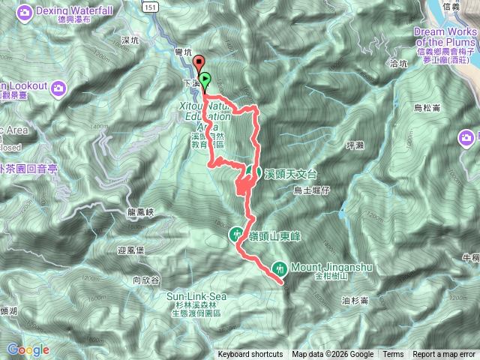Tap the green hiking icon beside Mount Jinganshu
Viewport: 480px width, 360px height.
click(x=280, y=266)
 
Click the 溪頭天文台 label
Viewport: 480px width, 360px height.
click(x=292, y=173)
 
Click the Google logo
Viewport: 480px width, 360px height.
click(x=28, y=349)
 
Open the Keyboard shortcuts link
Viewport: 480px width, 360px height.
click(x=250, y=355)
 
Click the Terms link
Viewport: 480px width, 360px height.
click(x=393, y=355)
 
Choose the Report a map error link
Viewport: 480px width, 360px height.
click(x=445, y=355)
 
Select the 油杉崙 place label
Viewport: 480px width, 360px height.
click(x=354, y=301)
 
